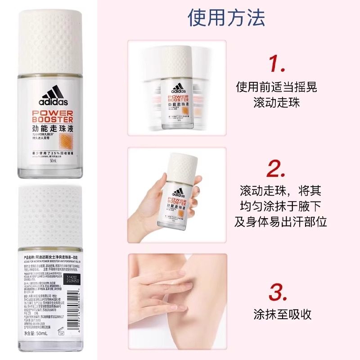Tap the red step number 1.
278,64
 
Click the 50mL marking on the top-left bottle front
53,161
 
